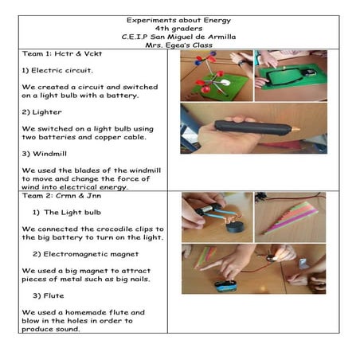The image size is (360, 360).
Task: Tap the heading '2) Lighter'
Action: click(x=41, y=112)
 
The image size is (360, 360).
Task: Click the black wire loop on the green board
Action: click(x=291, y=76)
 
